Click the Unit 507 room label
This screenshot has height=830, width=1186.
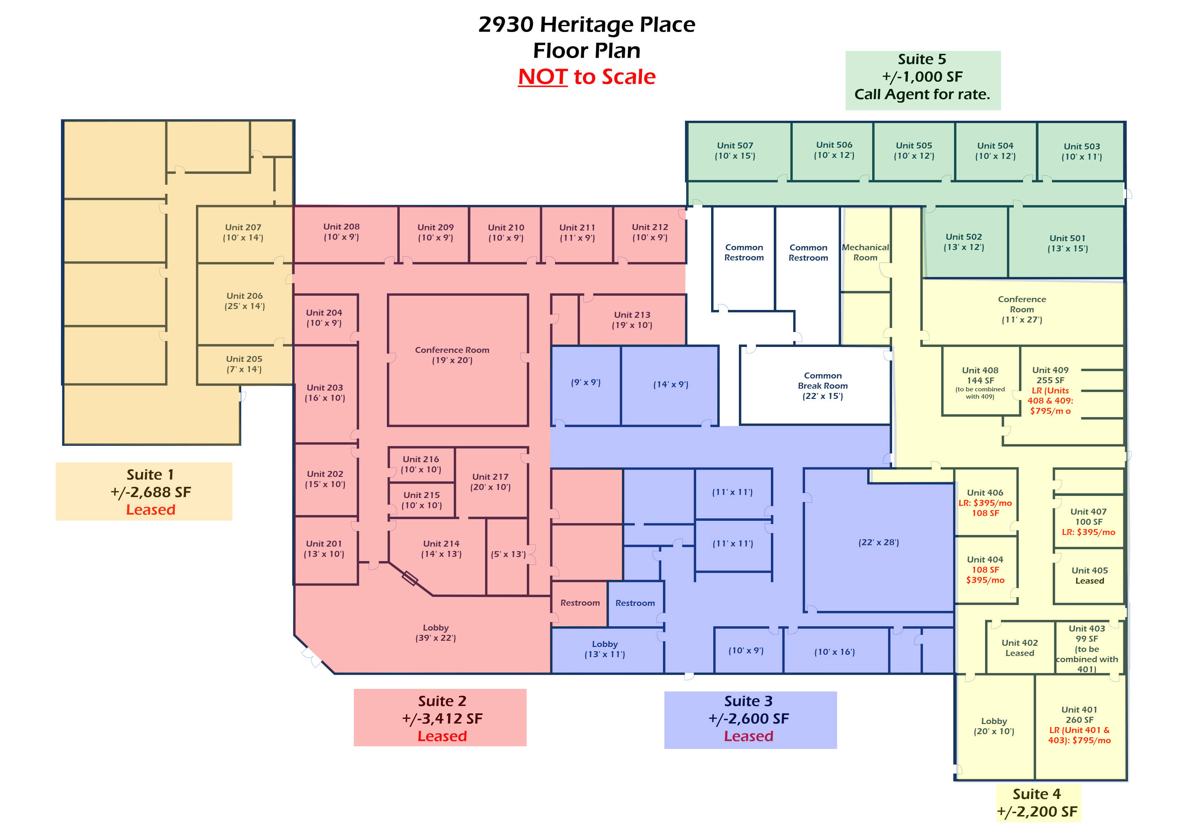(735, 151)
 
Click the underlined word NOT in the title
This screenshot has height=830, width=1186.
(543, 76)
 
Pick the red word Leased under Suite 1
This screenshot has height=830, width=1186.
(151, 510)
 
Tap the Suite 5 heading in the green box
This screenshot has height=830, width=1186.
(922, 59)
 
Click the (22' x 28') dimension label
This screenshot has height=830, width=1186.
(879, 542)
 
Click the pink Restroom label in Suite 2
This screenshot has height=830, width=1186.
(580, 603)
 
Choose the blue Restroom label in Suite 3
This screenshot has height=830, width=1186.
(635, 603)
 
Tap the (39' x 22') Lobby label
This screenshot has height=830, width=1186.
(435, 633)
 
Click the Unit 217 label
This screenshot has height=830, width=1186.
(490, 482)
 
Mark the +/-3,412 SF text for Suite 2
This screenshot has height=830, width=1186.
(442, 718)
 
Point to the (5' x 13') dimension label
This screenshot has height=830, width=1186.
(508, 554)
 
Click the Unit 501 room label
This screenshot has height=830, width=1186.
(1068, 243)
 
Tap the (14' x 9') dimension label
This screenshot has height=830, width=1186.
(671, 384)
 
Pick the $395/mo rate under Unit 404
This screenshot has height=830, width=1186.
(985, 580)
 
